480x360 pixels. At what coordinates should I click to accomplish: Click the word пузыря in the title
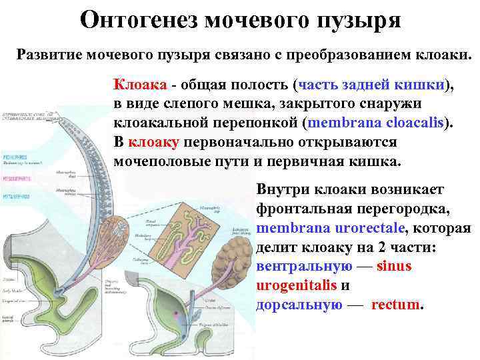click(x=361, y=20)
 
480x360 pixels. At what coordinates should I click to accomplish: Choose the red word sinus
click(x=394, y=266)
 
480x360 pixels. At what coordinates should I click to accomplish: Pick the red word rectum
click(x=397, y=305)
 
